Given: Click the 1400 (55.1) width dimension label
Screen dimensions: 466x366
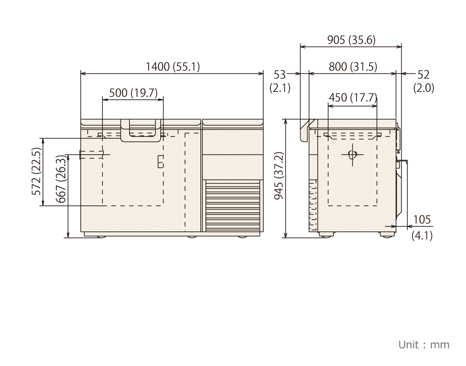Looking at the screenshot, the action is pos(173,67).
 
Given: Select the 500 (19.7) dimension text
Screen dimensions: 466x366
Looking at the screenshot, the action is pos(133,93).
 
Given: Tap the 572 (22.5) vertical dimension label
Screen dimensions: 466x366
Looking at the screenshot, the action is pos(36,171).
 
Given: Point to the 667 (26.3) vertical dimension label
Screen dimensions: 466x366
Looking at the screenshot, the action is pos(61,179).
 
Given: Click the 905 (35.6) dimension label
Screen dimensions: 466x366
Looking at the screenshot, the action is pos(351,40).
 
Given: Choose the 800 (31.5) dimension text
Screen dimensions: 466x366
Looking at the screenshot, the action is pos(353,67).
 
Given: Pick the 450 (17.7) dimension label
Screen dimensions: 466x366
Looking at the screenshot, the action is pos(353,97).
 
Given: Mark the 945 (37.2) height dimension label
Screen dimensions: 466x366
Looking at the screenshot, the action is pos(279,176).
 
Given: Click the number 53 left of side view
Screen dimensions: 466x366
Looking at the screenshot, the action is pos(280,75).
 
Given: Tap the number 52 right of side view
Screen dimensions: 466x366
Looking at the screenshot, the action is pos(424,75).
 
